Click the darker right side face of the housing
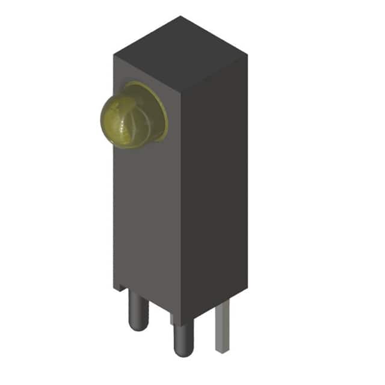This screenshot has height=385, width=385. pyautogui.click(x=214, y=180)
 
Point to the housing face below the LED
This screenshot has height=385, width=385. pyautogui.click(x=144, y=211)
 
